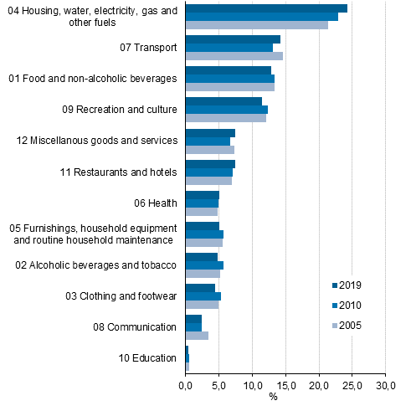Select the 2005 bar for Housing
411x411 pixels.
256,25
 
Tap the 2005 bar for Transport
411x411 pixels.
234,56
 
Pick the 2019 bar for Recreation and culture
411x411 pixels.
223,101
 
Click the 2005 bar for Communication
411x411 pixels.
197,336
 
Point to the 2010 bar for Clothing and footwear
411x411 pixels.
203,296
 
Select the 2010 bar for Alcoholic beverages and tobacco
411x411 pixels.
204,265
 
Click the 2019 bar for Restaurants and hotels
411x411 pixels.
210,164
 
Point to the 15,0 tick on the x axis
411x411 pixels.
285,385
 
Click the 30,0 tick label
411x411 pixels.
385,385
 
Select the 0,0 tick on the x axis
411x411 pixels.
186,385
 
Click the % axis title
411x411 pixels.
273,397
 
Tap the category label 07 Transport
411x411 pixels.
148,48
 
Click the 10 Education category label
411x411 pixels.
147,358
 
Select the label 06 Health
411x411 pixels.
156,203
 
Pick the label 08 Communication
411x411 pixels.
136,327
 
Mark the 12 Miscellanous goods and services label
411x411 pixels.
97,141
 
